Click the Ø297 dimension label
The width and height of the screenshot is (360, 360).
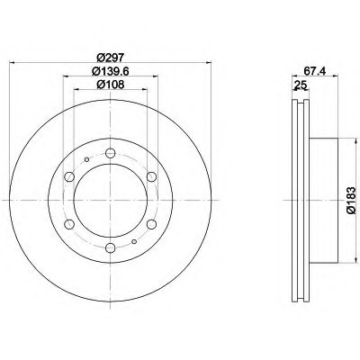tap(111, 57)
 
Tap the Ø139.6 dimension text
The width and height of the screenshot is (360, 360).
tap(111, 71)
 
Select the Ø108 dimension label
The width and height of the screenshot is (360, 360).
tap(111, 85)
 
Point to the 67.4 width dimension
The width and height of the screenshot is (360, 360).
tap(315, 71)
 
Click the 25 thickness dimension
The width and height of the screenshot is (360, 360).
tap(301, 85)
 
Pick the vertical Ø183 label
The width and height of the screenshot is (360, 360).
tap(351, 200)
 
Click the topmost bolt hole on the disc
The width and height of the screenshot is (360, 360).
tap(111, 153)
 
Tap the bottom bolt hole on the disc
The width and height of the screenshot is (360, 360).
tap(111, 247)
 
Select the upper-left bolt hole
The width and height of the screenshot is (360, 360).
tap(69, 176)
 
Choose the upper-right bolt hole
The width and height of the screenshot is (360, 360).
tap(152, 176)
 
